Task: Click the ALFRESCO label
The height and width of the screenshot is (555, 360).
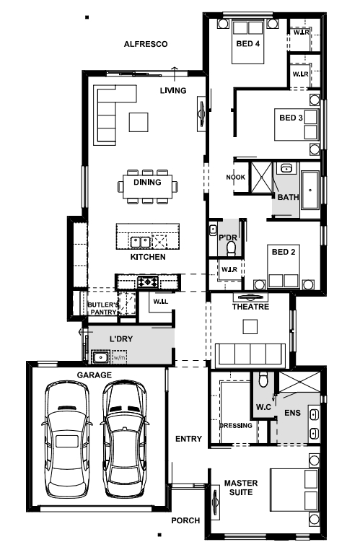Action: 146,44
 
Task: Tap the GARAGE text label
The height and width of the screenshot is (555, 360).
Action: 95,375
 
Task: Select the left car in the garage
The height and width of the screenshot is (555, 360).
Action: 67,440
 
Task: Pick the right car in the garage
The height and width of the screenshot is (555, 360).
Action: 124,440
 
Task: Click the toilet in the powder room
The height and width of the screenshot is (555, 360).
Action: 232,248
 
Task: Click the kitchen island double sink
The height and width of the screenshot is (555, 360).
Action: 141,242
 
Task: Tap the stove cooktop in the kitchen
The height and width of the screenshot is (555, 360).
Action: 149,281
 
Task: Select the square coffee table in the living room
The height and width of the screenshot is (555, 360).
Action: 139,122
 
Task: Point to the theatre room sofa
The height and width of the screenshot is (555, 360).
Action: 250,353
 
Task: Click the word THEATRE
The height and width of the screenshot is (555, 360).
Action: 250,307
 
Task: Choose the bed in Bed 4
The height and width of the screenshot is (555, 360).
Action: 247,42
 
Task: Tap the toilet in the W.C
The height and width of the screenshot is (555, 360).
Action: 263,379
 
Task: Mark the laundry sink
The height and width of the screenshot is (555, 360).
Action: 101,357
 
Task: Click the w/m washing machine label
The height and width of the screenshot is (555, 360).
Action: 119,357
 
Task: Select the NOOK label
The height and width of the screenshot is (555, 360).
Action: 236,177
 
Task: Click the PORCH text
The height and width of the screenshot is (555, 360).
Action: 185,520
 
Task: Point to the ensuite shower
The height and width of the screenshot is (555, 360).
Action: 299,382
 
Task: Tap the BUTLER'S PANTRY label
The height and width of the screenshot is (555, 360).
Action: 103,308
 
